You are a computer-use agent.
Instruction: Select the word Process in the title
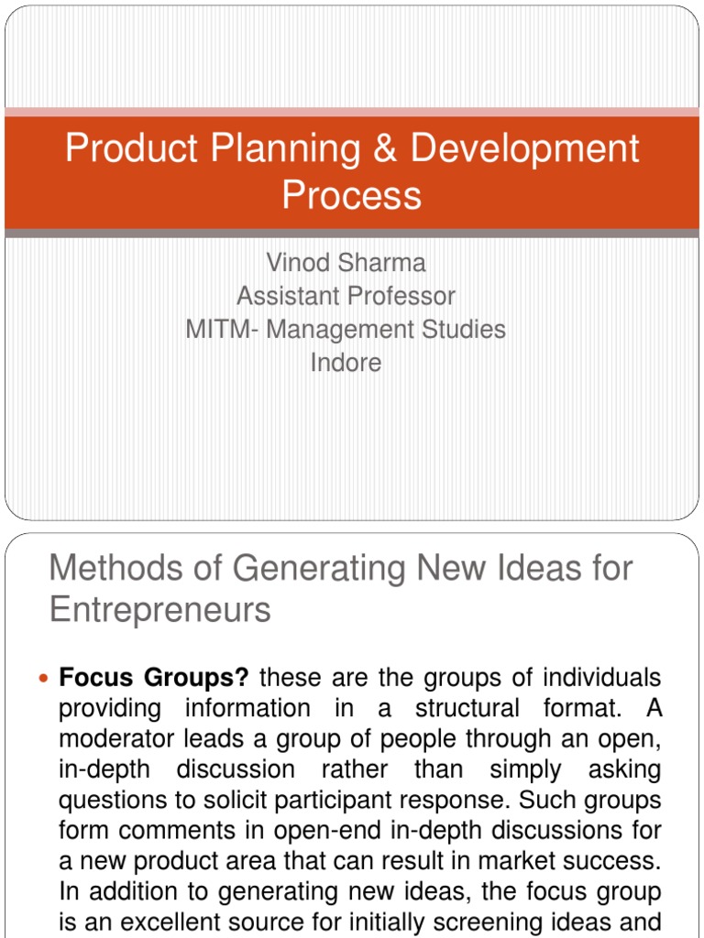[352, 195]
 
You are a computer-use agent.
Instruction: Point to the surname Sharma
[383, 263]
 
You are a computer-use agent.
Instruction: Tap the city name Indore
[346, 362]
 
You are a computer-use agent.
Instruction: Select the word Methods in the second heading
[112, 569]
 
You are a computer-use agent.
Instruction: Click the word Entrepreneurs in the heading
[160, 609]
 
